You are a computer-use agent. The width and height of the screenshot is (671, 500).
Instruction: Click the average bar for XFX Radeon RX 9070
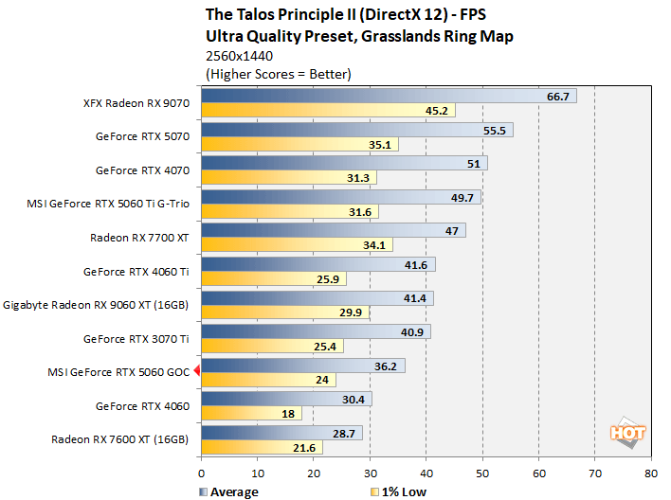click(389, 96)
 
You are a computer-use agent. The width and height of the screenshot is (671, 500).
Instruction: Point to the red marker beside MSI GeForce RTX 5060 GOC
click(196, 371)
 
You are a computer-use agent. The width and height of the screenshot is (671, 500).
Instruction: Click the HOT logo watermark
click(627, 431)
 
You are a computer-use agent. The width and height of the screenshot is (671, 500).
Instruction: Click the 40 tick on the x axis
click(426, 473)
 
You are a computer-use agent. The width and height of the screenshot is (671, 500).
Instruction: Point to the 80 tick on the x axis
click(650, 473)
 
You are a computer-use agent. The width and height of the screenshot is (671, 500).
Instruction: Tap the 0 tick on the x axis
click(201, 473)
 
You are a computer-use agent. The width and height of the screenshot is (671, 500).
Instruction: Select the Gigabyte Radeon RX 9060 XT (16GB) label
click(97, 305)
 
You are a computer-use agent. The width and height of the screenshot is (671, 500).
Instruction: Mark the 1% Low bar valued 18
click(251, 414)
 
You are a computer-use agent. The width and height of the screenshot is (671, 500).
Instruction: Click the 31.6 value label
click(360, 212)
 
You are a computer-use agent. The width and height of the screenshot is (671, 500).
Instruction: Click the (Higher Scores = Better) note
click(278, 74)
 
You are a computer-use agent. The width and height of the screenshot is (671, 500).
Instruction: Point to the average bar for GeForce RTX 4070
click(344, 163)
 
